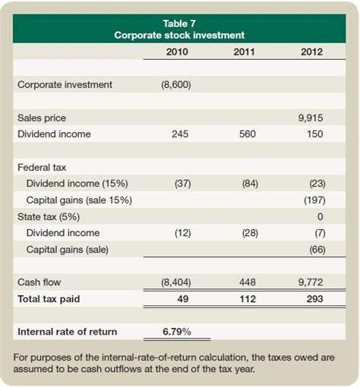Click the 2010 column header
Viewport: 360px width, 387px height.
point(177,52)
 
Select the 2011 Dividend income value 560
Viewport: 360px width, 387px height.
point(248,134)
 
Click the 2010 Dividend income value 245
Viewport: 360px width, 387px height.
point(181,134)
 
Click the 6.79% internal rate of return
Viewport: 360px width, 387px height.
point(177,332)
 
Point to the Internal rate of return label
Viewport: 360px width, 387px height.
point(67,332)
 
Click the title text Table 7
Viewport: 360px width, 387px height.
point(180,24)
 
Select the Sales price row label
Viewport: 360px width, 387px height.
point(42,118)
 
